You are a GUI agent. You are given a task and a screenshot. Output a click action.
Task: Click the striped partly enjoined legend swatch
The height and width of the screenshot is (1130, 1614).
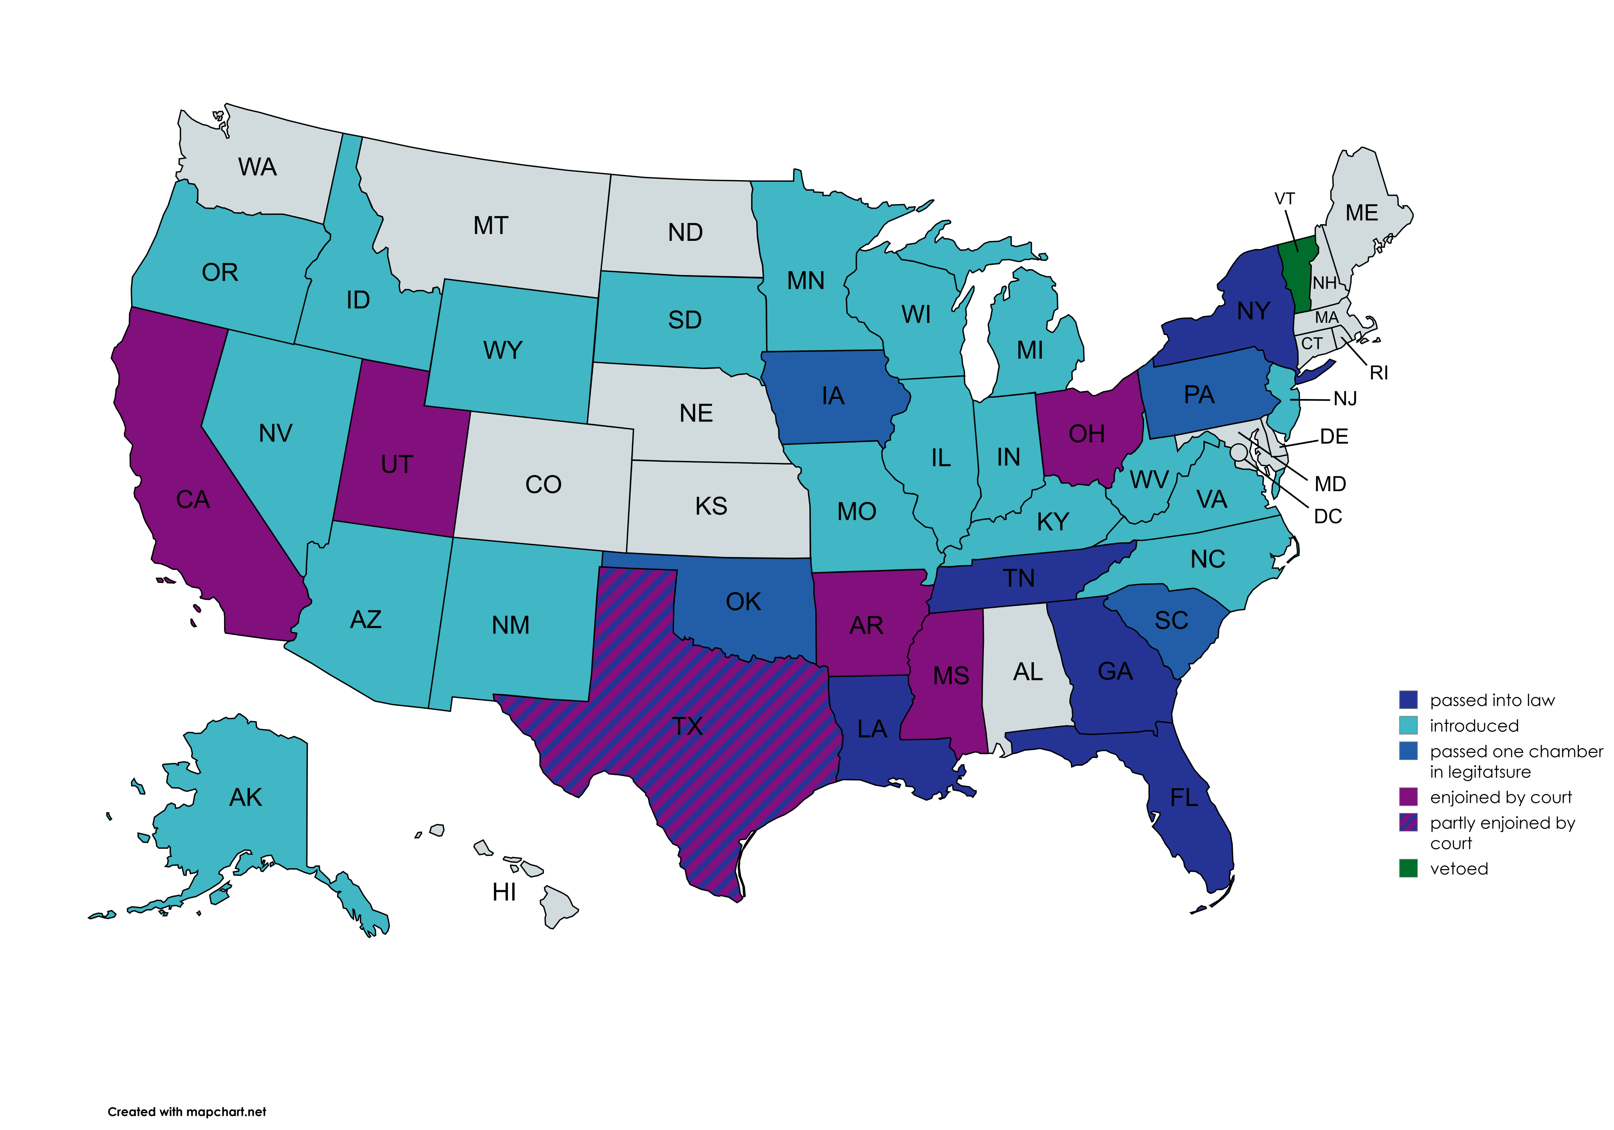pyautogui.click(x=1408, y=823)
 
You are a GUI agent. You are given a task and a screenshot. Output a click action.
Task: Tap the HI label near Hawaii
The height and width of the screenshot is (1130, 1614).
pyautogui.click(x=504, y=892)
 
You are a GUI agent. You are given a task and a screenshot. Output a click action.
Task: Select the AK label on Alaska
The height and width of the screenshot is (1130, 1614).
pyautogui.click(x=245, y=797)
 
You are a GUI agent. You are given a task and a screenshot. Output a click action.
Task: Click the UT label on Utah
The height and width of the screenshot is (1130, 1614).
pyautogui.click(x=396, y=465)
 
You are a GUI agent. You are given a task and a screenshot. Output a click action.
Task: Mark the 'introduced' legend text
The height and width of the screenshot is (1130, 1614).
pyautogui.click(x=1474, y=726)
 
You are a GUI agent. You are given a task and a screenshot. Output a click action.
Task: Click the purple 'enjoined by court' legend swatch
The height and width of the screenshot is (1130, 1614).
pyautogui.click(x=1408, y=797)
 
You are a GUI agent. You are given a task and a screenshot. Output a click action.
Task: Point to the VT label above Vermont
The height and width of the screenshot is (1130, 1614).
pyautogui.click(x=1284, y=199)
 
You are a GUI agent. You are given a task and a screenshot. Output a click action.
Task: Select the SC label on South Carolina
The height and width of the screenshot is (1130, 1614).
pyautogui.click(x=1171, y=620)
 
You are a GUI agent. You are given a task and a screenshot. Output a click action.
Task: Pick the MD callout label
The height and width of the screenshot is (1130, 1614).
pyautogui.click(x=1330, y=484)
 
